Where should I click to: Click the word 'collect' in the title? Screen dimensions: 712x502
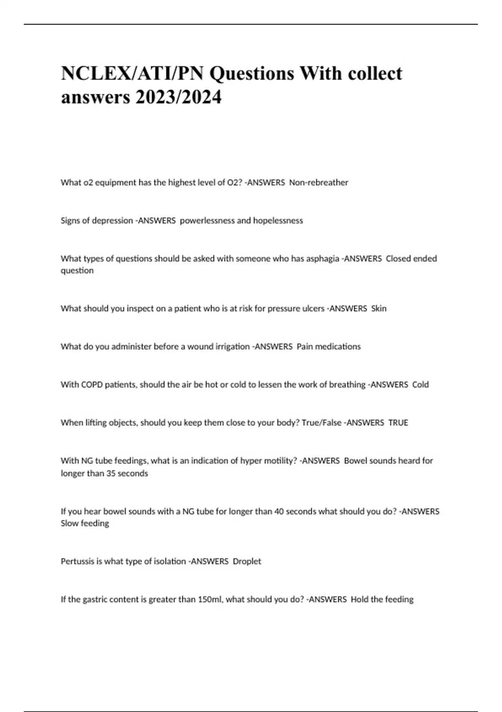[x=375, y=73]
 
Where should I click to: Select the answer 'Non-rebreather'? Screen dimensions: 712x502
[x=319, y=183]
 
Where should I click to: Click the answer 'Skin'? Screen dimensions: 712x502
[x=379, y=309]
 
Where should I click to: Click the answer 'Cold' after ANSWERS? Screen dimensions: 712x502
[x=420, y=385]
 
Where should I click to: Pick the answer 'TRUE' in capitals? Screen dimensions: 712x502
[x=398, y=423]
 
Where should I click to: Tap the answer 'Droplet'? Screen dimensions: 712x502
[x=247, y=561]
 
